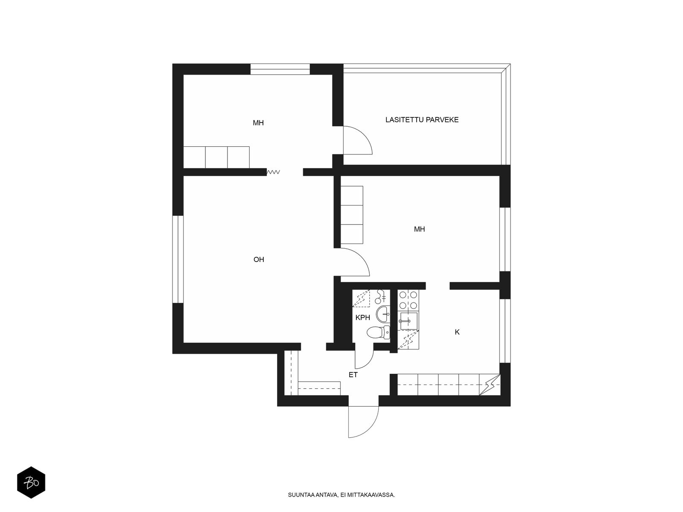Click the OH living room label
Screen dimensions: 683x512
[259, 259]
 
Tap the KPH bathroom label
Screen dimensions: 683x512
[363, 318]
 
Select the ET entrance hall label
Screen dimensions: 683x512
[353, 375]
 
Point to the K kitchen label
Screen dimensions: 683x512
[457, 332]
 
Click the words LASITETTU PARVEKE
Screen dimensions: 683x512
[422, 120]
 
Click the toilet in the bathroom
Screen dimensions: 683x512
[378, 333]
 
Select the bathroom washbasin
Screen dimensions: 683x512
[383, 314]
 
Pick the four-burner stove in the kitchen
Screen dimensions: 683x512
[408, 300]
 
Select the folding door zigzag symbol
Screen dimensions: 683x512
[273, 172]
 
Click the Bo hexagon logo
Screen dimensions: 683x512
[31, 483]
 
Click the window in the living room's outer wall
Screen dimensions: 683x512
[178, 259]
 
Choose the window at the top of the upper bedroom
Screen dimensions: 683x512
[280, 69]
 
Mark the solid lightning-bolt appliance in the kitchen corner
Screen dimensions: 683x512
[490, 385]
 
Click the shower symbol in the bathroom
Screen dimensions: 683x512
[361, 298]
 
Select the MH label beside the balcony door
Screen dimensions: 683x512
[258, 123]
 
